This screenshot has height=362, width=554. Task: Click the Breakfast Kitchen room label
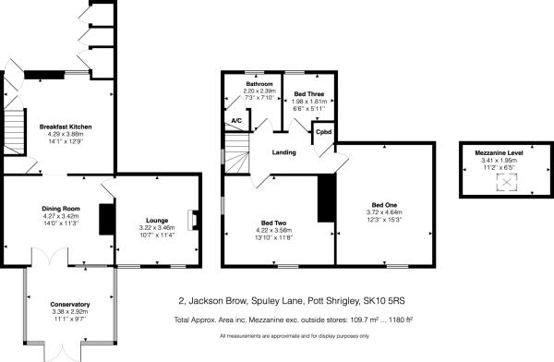pos(65,126)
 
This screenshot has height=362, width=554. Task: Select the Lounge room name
pos(156,220)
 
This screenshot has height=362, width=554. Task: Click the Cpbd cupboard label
pos(323,131)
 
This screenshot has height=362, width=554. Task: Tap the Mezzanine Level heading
pos(503,153)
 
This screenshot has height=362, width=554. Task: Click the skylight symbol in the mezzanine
pos(504,184)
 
